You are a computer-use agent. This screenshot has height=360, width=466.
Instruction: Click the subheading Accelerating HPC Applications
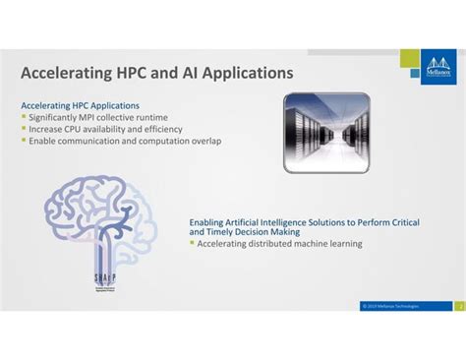pyautogui.click(x=80, y=105)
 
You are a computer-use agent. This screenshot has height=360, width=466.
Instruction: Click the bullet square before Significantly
pyautogui.click(x=24, y=117)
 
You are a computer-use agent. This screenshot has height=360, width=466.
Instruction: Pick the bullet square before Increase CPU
pyautogui.click(x=24, y=129)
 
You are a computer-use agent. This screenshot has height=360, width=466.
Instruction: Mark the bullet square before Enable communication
pyautogui.click(x=24, y=141)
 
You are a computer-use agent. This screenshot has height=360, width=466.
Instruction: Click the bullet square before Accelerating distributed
pyautogui.click(x=192, y=244)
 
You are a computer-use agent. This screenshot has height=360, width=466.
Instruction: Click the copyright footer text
pyautogui.click(x=391, y=306)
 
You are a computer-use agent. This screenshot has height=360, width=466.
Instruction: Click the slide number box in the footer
pyautogui.click(x=459, y=306)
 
